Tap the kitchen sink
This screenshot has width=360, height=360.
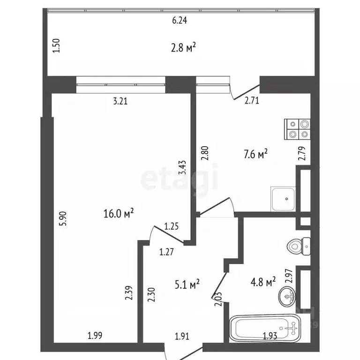tap(283, 198)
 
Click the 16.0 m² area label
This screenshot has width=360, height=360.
tap(119, 214)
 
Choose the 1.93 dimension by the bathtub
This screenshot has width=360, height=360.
tap(269, 336)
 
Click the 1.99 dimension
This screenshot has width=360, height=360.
tap(95, 336)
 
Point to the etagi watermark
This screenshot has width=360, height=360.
tap(180, 177)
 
